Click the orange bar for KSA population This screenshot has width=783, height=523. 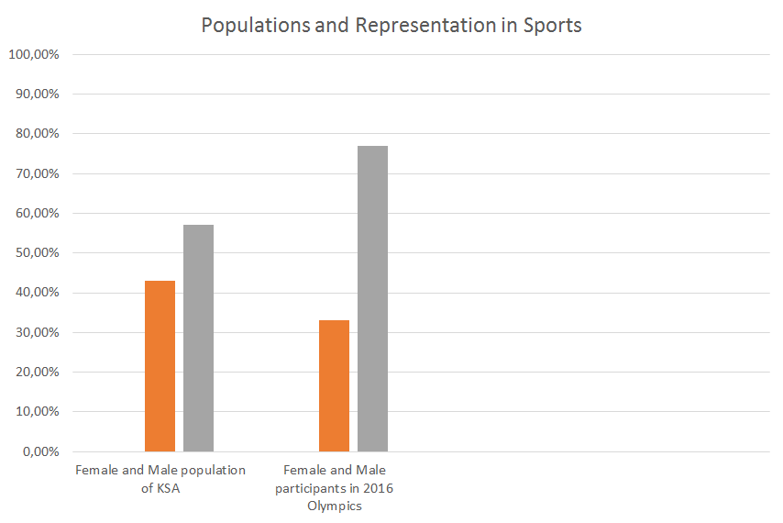pos(160,366)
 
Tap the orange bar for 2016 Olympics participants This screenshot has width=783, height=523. pos(334,385)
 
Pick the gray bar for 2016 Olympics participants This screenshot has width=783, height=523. pos(372,298)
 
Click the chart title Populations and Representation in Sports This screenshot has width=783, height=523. pos(391,25)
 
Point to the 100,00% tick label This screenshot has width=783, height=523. pos(34,54)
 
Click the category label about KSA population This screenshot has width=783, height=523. pos(160,478)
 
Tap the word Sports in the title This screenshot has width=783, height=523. pos(552,25)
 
